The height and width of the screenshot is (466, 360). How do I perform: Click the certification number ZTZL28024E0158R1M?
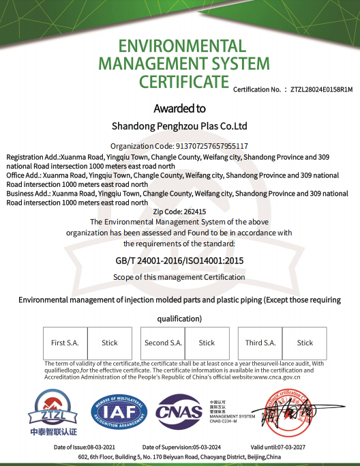321,89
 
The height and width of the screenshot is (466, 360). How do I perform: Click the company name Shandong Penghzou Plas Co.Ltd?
179,126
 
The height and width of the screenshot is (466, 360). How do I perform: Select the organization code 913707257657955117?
202,146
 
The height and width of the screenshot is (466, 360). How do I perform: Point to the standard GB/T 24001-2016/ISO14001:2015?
179,261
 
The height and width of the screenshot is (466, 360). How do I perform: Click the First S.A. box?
65,343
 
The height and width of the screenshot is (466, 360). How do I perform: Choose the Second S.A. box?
163,343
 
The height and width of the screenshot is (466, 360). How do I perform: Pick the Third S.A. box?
260,343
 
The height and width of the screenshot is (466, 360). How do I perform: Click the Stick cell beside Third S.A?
305,343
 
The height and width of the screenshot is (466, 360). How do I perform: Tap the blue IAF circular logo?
119,412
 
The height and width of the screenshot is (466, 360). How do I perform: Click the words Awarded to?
179,108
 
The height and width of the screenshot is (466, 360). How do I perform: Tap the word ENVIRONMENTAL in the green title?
181,46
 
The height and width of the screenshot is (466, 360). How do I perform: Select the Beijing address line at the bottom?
179,456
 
